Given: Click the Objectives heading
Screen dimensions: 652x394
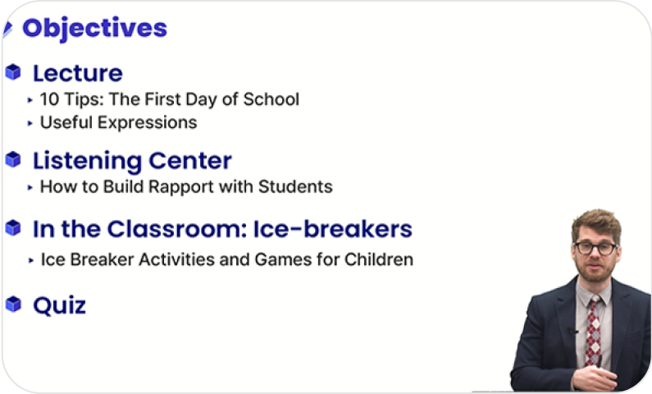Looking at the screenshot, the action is click(95, 28).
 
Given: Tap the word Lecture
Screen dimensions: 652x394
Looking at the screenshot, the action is click(78, 73).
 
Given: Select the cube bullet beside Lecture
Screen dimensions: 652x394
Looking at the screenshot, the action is click(13, 72).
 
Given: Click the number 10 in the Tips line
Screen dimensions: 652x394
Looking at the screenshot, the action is click(49, 99).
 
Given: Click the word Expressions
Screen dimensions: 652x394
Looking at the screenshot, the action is click(147, 122).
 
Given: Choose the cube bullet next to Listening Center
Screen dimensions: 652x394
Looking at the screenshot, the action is click(13, 159).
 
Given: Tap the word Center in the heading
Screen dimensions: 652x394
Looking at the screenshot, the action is click(190, 161).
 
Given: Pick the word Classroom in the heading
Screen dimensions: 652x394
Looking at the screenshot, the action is click(177, 229).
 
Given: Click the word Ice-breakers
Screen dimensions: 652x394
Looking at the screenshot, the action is click(333, 229).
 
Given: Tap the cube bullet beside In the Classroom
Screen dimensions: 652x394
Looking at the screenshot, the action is click(13, 228).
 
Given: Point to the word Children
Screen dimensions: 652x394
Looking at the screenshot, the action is click(379, 259).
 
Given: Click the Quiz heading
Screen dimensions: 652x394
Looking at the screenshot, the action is click(60, 306).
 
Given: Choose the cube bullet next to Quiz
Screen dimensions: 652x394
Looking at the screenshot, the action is click(13, 305).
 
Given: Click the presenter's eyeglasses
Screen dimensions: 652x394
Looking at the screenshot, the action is click(595, 249).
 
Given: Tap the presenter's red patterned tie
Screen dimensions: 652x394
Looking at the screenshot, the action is click(594, 331).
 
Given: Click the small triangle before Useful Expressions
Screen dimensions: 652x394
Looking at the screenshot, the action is click(30, 123).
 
